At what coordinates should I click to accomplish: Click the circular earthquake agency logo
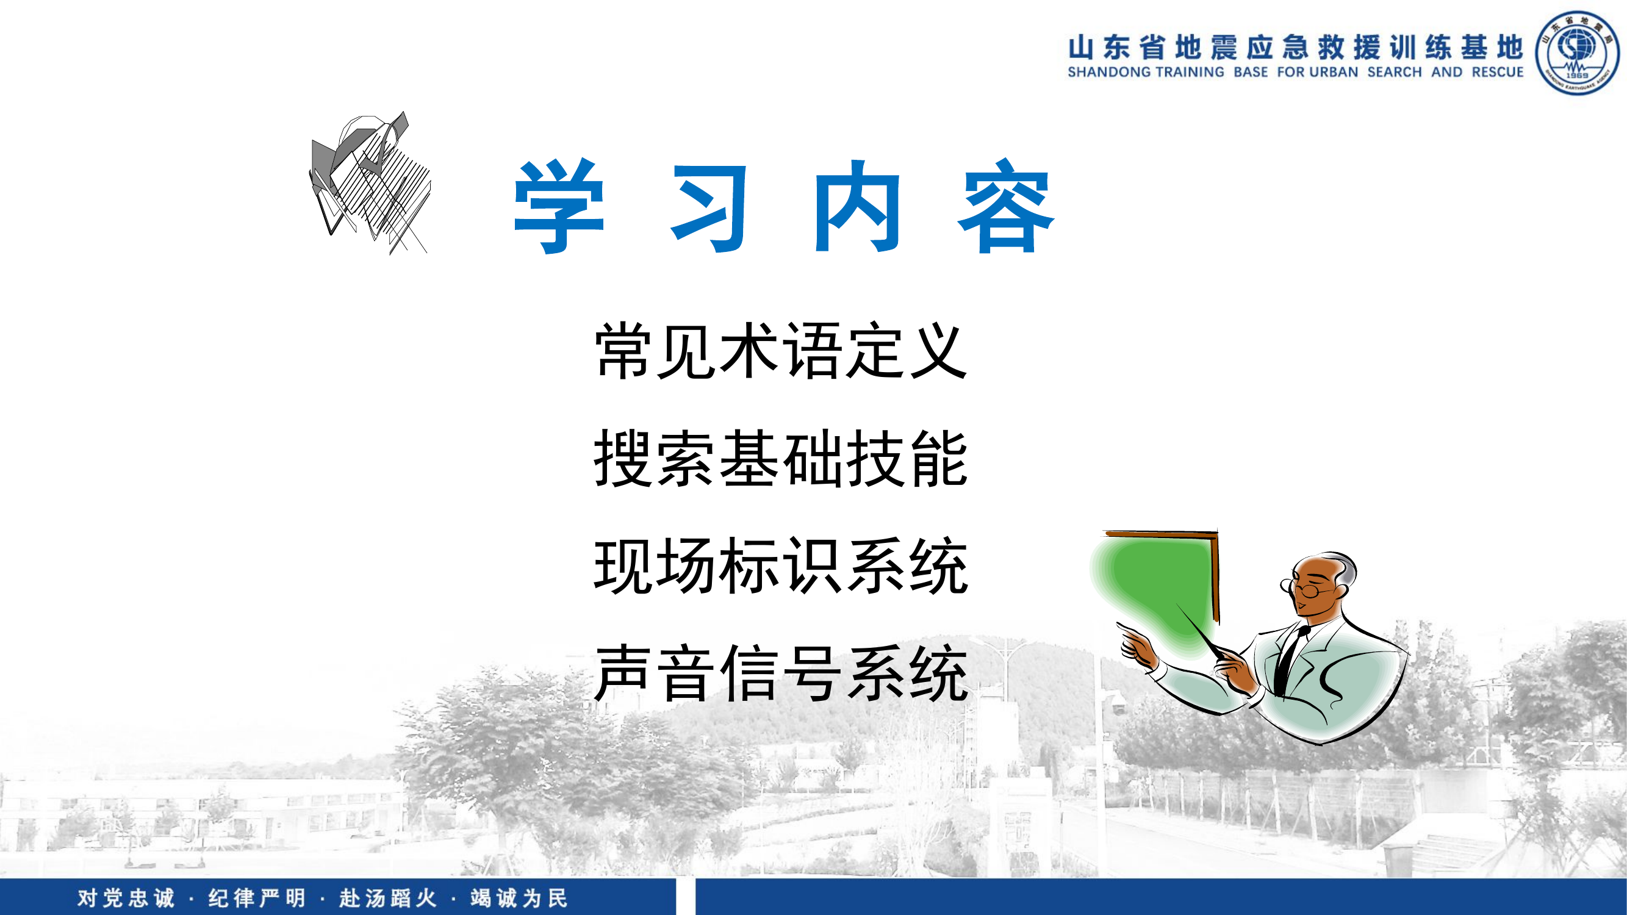point(1576,53)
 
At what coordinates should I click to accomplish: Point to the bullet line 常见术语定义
point(781,351)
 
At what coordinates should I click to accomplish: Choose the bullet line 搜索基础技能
point(781,459)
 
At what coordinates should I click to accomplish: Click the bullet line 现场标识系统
point(781,566)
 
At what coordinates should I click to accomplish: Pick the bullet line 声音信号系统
point(781,673)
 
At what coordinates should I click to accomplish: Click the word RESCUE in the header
point(1498,73)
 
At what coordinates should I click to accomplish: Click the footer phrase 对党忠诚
point(126,898)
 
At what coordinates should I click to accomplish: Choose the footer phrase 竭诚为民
point(519,898)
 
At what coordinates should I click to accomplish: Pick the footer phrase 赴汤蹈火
point(388,898)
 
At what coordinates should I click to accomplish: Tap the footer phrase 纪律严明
point(256,898)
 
